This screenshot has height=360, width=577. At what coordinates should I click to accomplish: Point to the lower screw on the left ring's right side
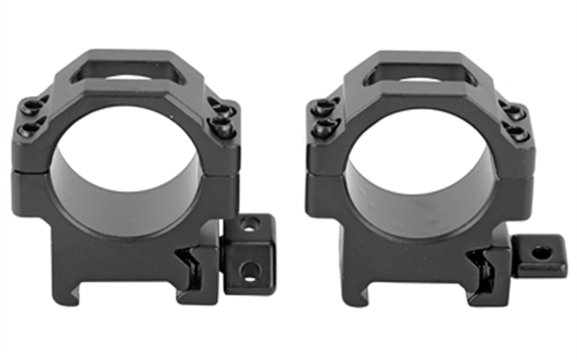221,126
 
